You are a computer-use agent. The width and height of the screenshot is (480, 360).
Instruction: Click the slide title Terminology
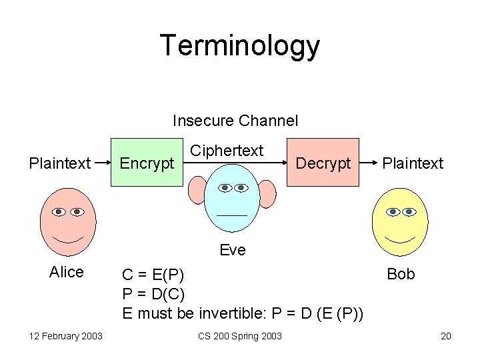tap(240, 46)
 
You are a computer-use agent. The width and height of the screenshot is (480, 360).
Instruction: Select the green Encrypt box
tap(147, 163)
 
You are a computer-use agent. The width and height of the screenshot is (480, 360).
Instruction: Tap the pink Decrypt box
tap(323, 163)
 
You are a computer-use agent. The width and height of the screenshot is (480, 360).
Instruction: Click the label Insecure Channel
tap(235, 121)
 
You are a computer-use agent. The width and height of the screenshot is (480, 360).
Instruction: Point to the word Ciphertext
tap(227, 151)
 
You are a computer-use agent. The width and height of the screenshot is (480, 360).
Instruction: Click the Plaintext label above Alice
tap(60, 163)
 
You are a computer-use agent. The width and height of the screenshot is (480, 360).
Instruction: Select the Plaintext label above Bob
tap(413, 163)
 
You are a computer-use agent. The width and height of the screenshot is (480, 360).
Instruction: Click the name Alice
tap(67, 272)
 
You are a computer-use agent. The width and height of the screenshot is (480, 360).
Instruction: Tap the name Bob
tap(401, 274)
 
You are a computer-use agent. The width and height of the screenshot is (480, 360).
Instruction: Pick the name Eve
tap(233, 250)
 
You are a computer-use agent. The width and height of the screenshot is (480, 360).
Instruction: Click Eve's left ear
tap(197, 191)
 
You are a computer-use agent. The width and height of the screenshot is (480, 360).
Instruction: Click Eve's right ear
tap(267, 193)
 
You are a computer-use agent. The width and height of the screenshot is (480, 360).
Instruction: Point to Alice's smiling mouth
tap(68, 239)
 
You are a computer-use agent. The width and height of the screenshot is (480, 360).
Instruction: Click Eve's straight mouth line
tap(231, 215)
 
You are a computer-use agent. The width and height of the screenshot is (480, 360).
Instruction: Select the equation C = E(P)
tap(154, 275)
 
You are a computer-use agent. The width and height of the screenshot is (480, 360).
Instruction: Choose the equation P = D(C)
tap(154, 293)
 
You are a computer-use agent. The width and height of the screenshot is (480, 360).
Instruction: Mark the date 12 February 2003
tap(57, 335)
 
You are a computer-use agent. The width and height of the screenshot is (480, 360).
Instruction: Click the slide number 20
tap(446, 335)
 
